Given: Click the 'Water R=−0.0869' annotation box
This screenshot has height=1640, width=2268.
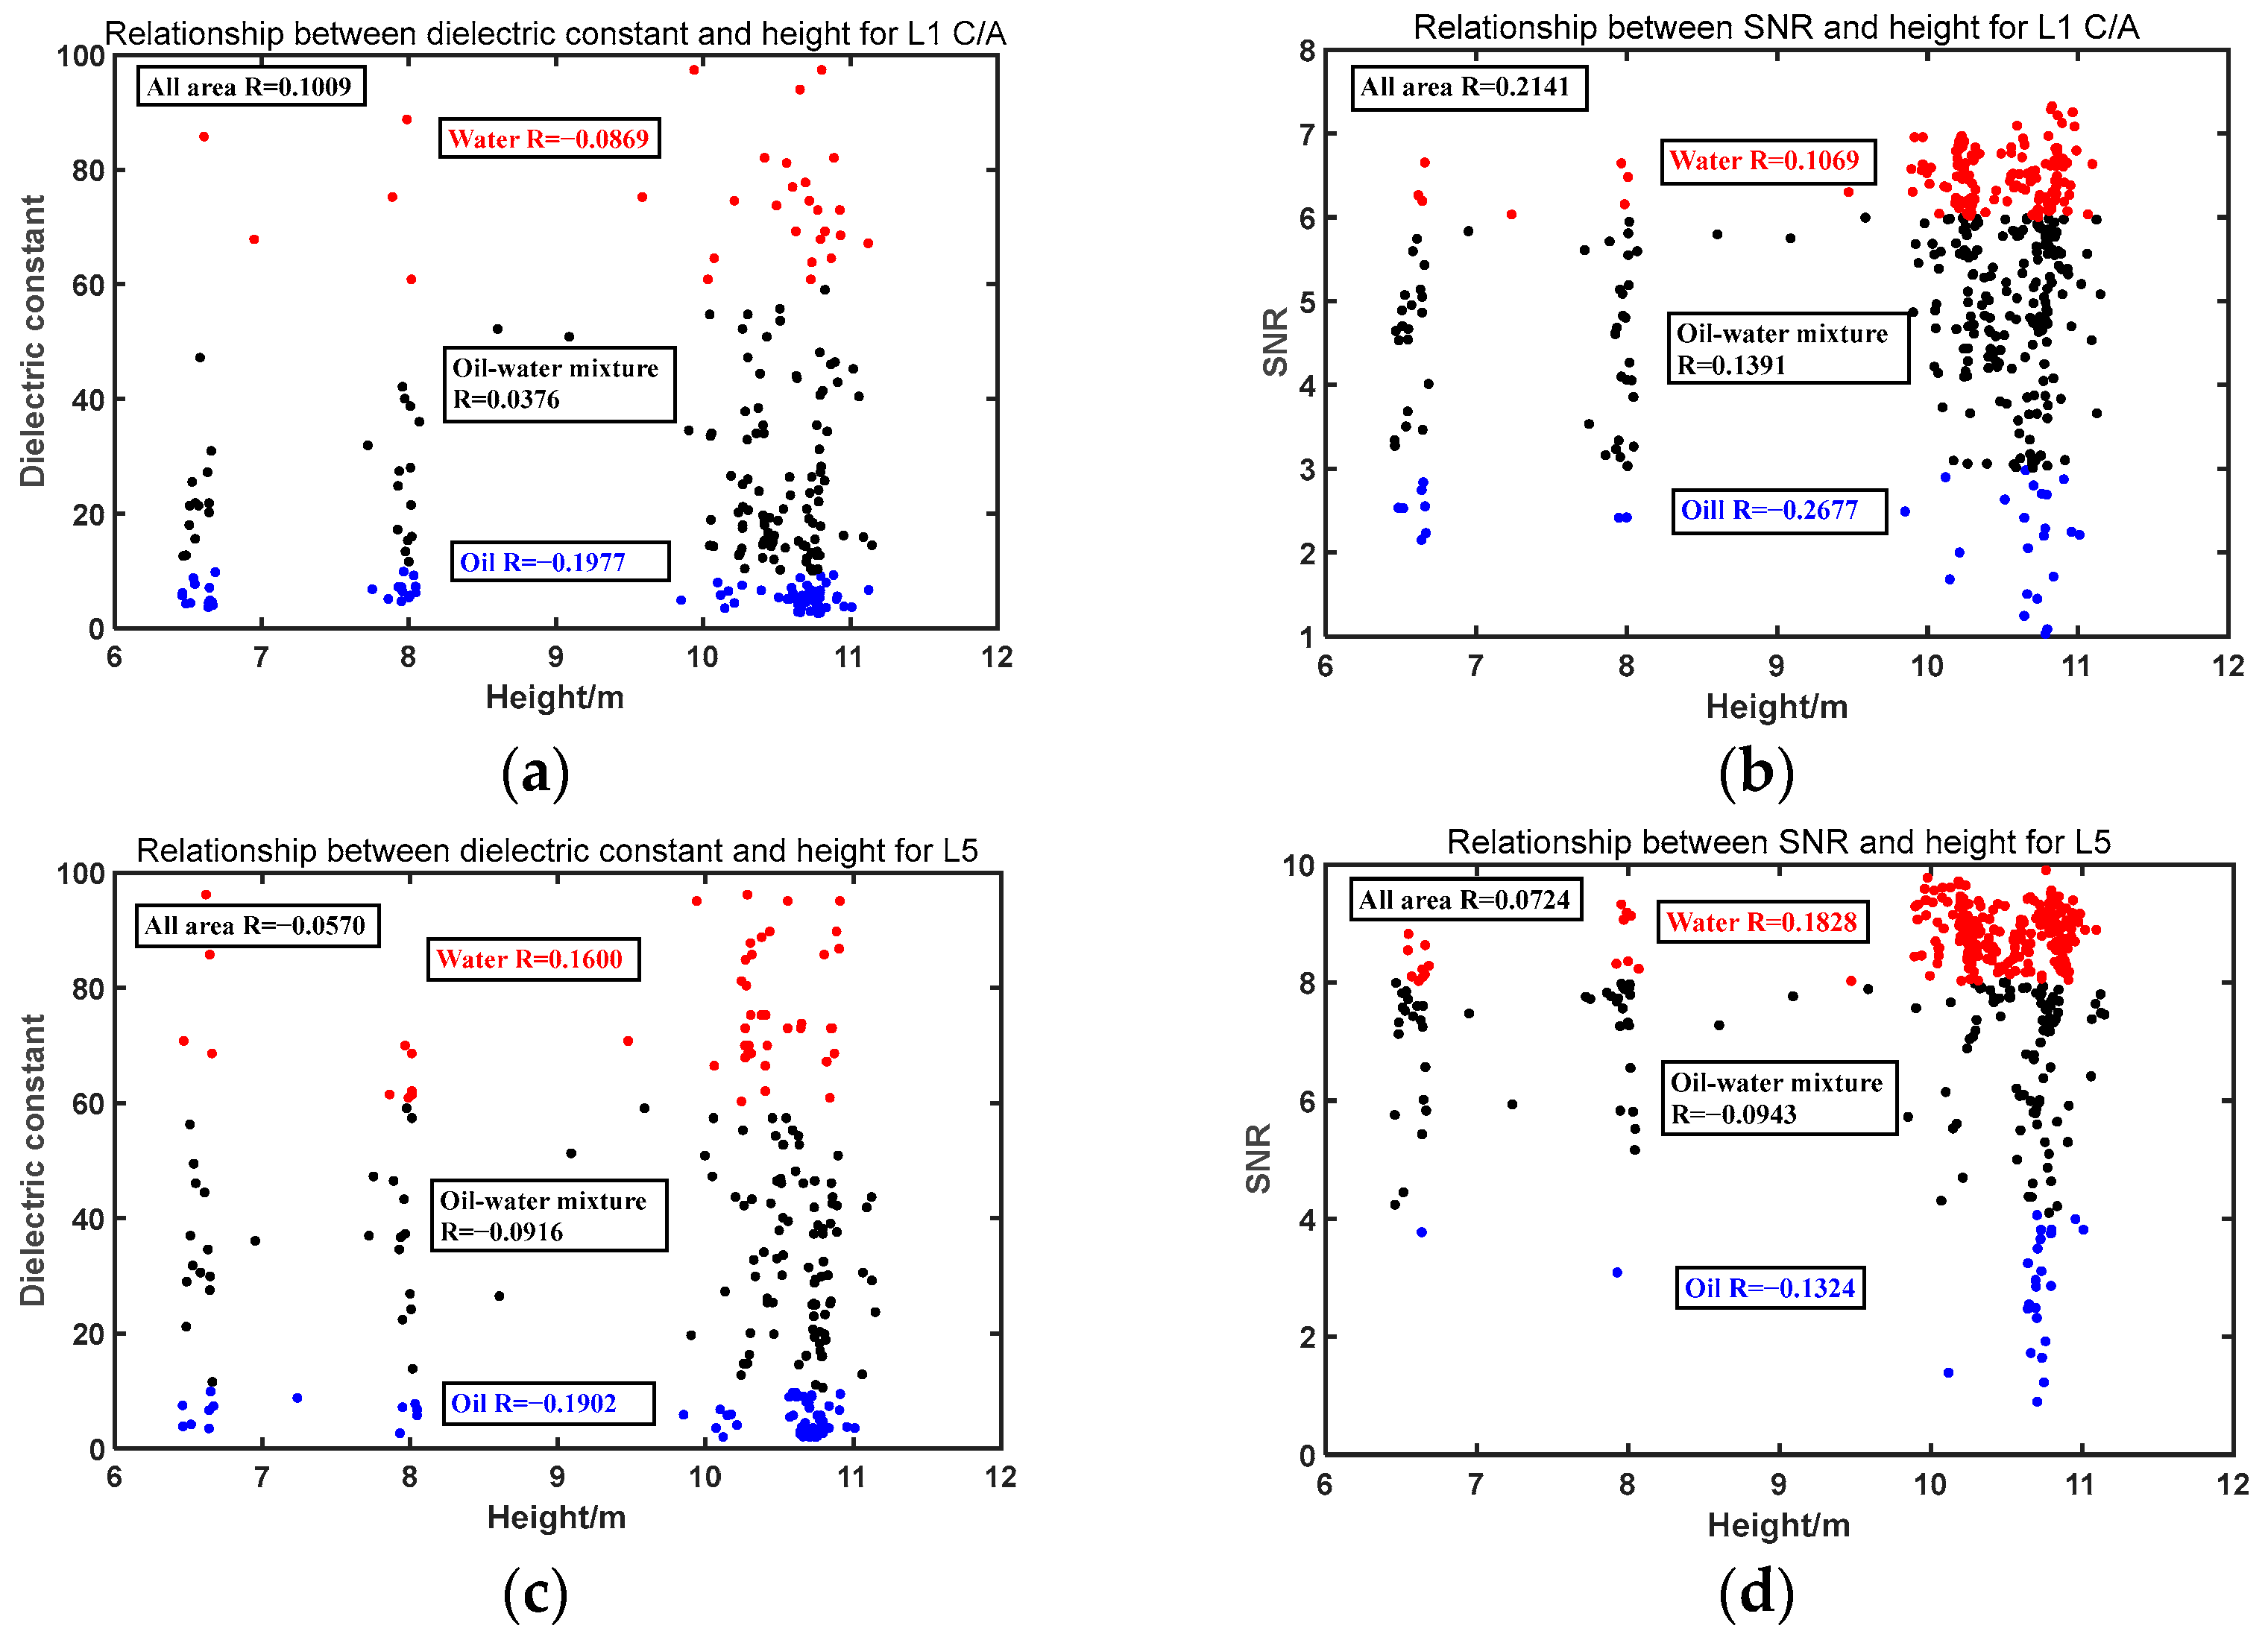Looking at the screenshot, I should coord(549,138).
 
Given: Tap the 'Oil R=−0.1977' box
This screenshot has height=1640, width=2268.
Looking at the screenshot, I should coord(559,562).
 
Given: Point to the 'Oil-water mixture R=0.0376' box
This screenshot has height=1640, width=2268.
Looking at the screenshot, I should coord(559,384).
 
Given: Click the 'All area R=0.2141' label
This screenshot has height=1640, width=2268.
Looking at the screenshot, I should coord(1467,87).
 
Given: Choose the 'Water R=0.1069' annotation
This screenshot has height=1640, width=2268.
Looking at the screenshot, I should coord(1765,160).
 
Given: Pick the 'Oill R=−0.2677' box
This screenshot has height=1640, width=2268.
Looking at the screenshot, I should coord(1778,511).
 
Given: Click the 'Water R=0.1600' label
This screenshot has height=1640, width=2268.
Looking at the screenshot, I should coord(532,959).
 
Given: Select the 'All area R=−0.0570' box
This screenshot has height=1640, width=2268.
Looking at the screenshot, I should coord(257,925).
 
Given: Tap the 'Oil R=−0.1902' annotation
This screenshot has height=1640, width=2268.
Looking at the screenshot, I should coord(548,1403).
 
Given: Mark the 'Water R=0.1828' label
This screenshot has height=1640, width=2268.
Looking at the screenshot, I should coord(1763,922).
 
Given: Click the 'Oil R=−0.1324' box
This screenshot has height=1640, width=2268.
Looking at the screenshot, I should coord(1769,1288).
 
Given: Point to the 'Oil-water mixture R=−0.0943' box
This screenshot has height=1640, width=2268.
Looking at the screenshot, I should coord(1779,1098).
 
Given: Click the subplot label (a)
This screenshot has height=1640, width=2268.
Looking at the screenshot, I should coord(536,773).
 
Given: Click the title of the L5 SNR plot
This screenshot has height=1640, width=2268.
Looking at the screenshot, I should coord(1778,842).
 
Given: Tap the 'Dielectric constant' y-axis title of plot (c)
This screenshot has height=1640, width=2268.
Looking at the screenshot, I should coord(33,1160).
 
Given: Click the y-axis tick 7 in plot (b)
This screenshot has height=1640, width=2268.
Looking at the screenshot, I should coord(1307,135).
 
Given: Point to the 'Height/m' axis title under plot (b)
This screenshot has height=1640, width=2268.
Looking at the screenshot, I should coord(1776,707).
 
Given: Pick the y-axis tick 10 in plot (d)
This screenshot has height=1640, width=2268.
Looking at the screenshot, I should coord(1298,866).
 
